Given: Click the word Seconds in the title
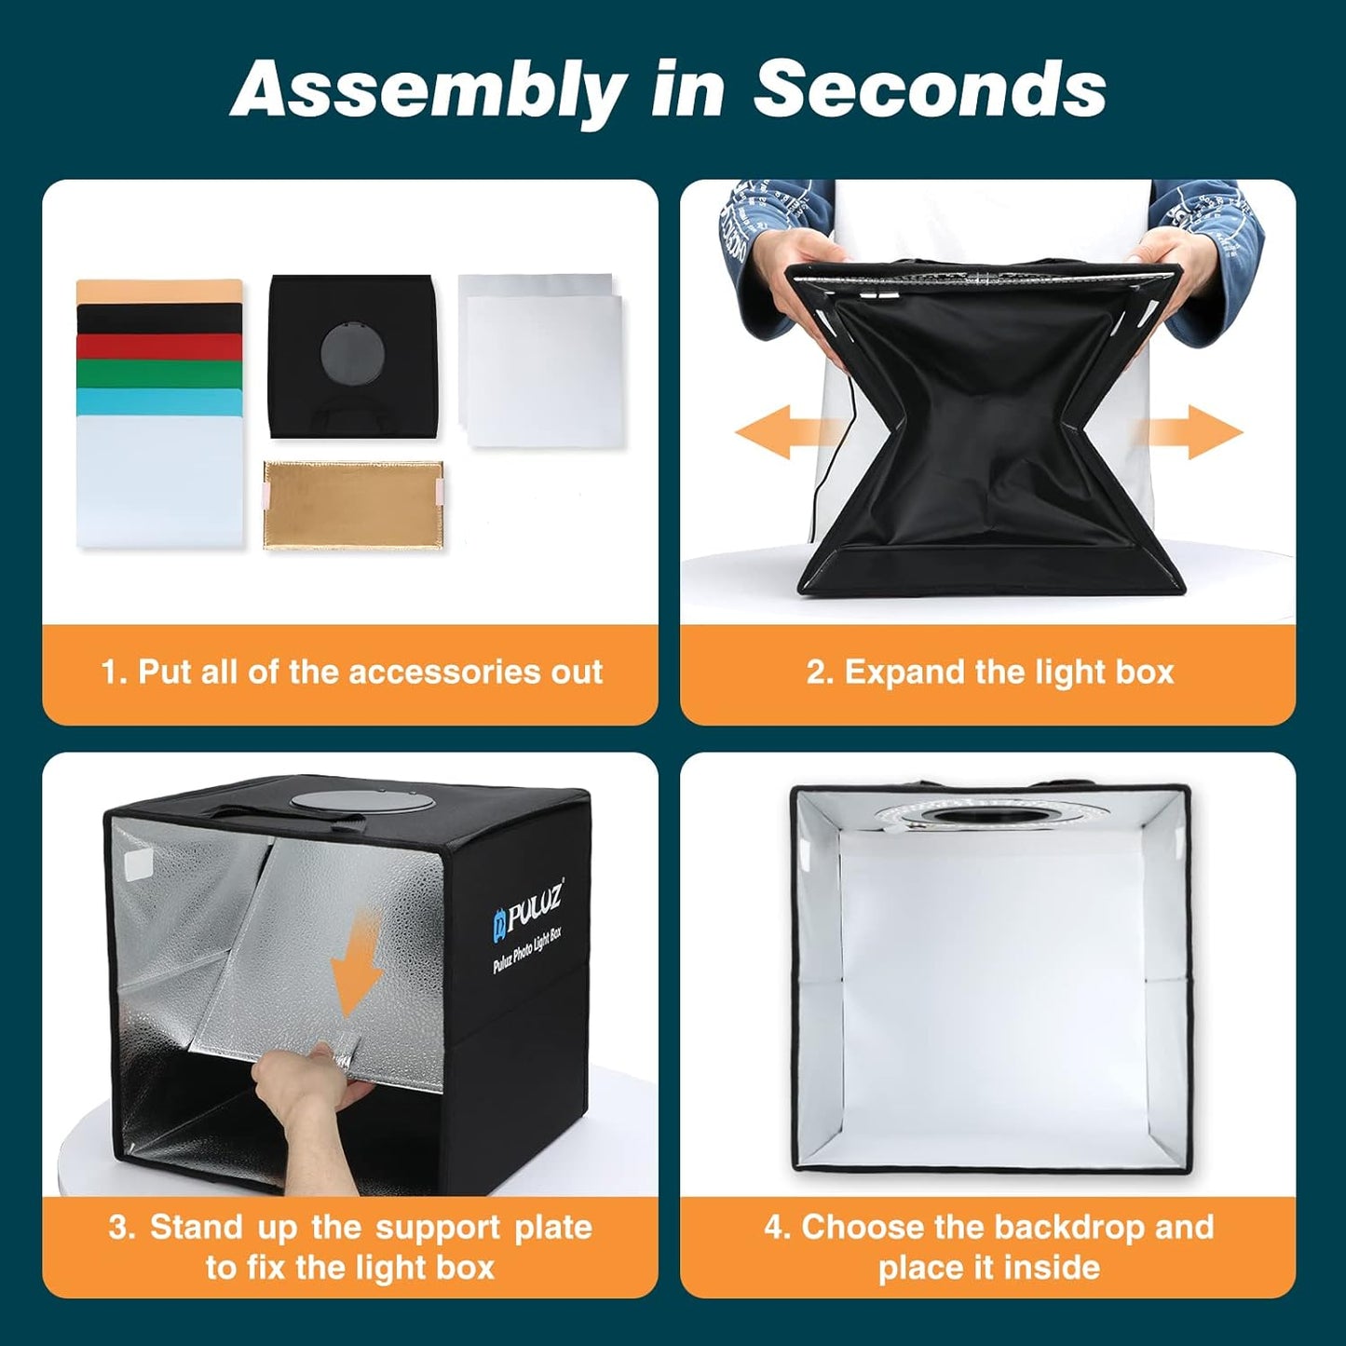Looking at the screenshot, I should [929, 90].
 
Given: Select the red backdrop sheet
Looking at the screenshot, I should [158, 347].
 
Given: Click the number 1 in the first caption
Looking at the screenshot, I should [110, 672].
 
